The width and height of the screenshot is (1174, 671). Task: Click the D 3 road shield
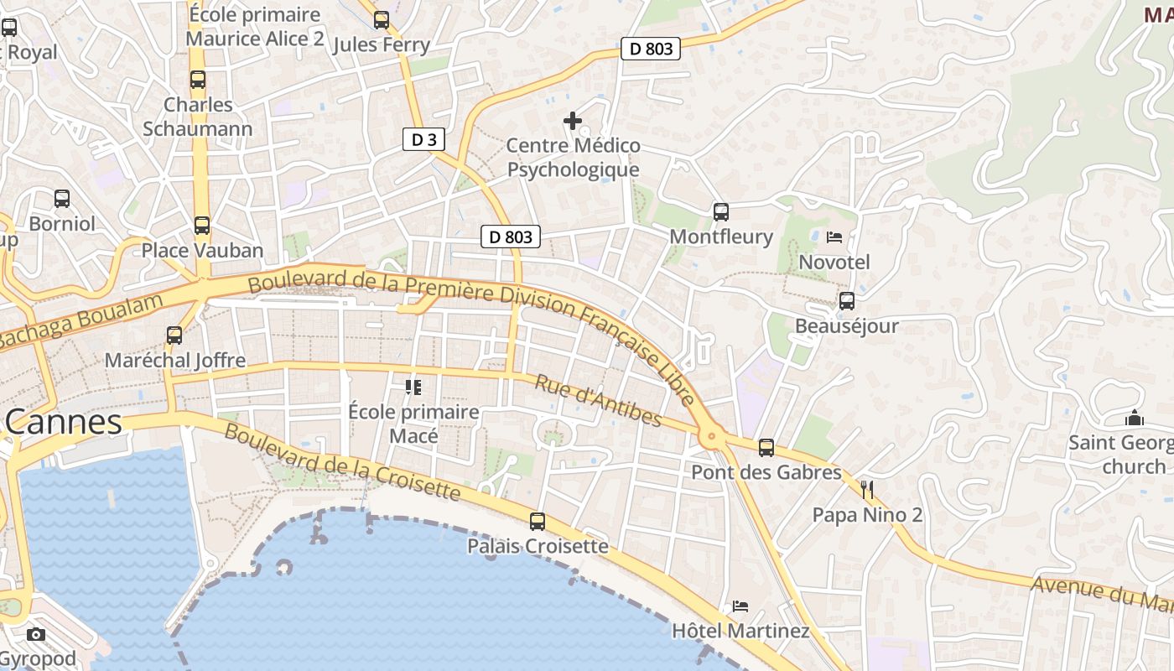423,139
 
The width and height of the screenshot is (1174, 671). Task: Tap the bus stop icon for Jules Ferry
382,20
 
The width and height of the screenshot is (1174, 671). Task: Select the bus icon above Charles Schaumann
198,81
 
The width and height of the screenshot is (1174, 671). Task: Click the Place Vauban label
202,250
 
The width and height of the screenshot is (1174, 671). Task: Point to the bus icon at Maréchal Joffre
174,335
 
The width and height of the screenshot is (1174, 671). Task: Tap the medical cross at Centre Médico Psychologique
573,122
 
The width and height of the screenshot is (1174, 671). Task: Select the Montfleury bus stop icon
721,212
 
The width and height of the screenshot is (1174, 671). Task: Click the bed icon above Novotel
834,237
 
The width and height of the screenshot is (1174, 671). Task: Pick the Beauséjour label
846,325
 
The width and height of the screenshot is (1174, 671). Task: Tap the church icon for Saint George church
1135,418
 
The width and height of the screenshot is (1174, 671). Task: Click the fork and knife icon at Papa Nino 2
868,490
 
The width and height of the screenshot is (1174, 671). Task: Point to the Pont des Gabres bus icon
766,448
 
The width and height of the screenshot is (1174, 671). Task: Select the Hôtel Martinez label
740,630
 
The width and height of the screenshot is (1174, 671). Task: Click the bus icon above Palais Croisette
538,522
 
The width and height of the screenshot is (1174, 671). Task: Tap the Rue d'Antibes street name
599,401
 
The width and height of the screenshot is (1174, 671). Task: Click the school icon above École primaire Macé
413,387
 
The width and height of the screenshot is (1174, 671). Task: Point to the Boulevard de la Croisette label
342,462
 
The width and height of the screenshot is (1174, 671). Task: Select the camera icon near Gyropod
36,634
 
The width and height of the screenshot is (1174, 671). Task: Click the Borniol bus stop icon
62,199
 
